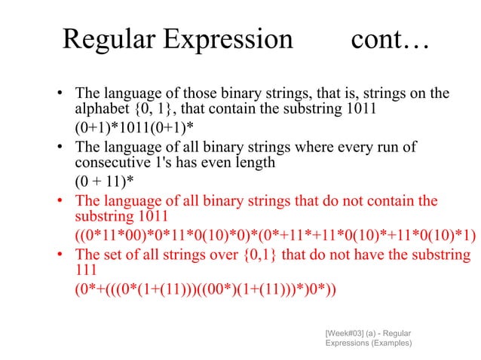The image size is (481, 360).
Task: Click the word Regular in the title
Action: (107, 39)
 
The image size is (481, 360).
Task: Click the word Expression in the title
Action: (225, 39)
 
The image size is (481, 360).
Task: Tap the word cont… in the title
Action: (389, 39)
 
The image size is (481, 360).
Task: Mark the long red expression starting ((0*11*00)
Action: (274, 236)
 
